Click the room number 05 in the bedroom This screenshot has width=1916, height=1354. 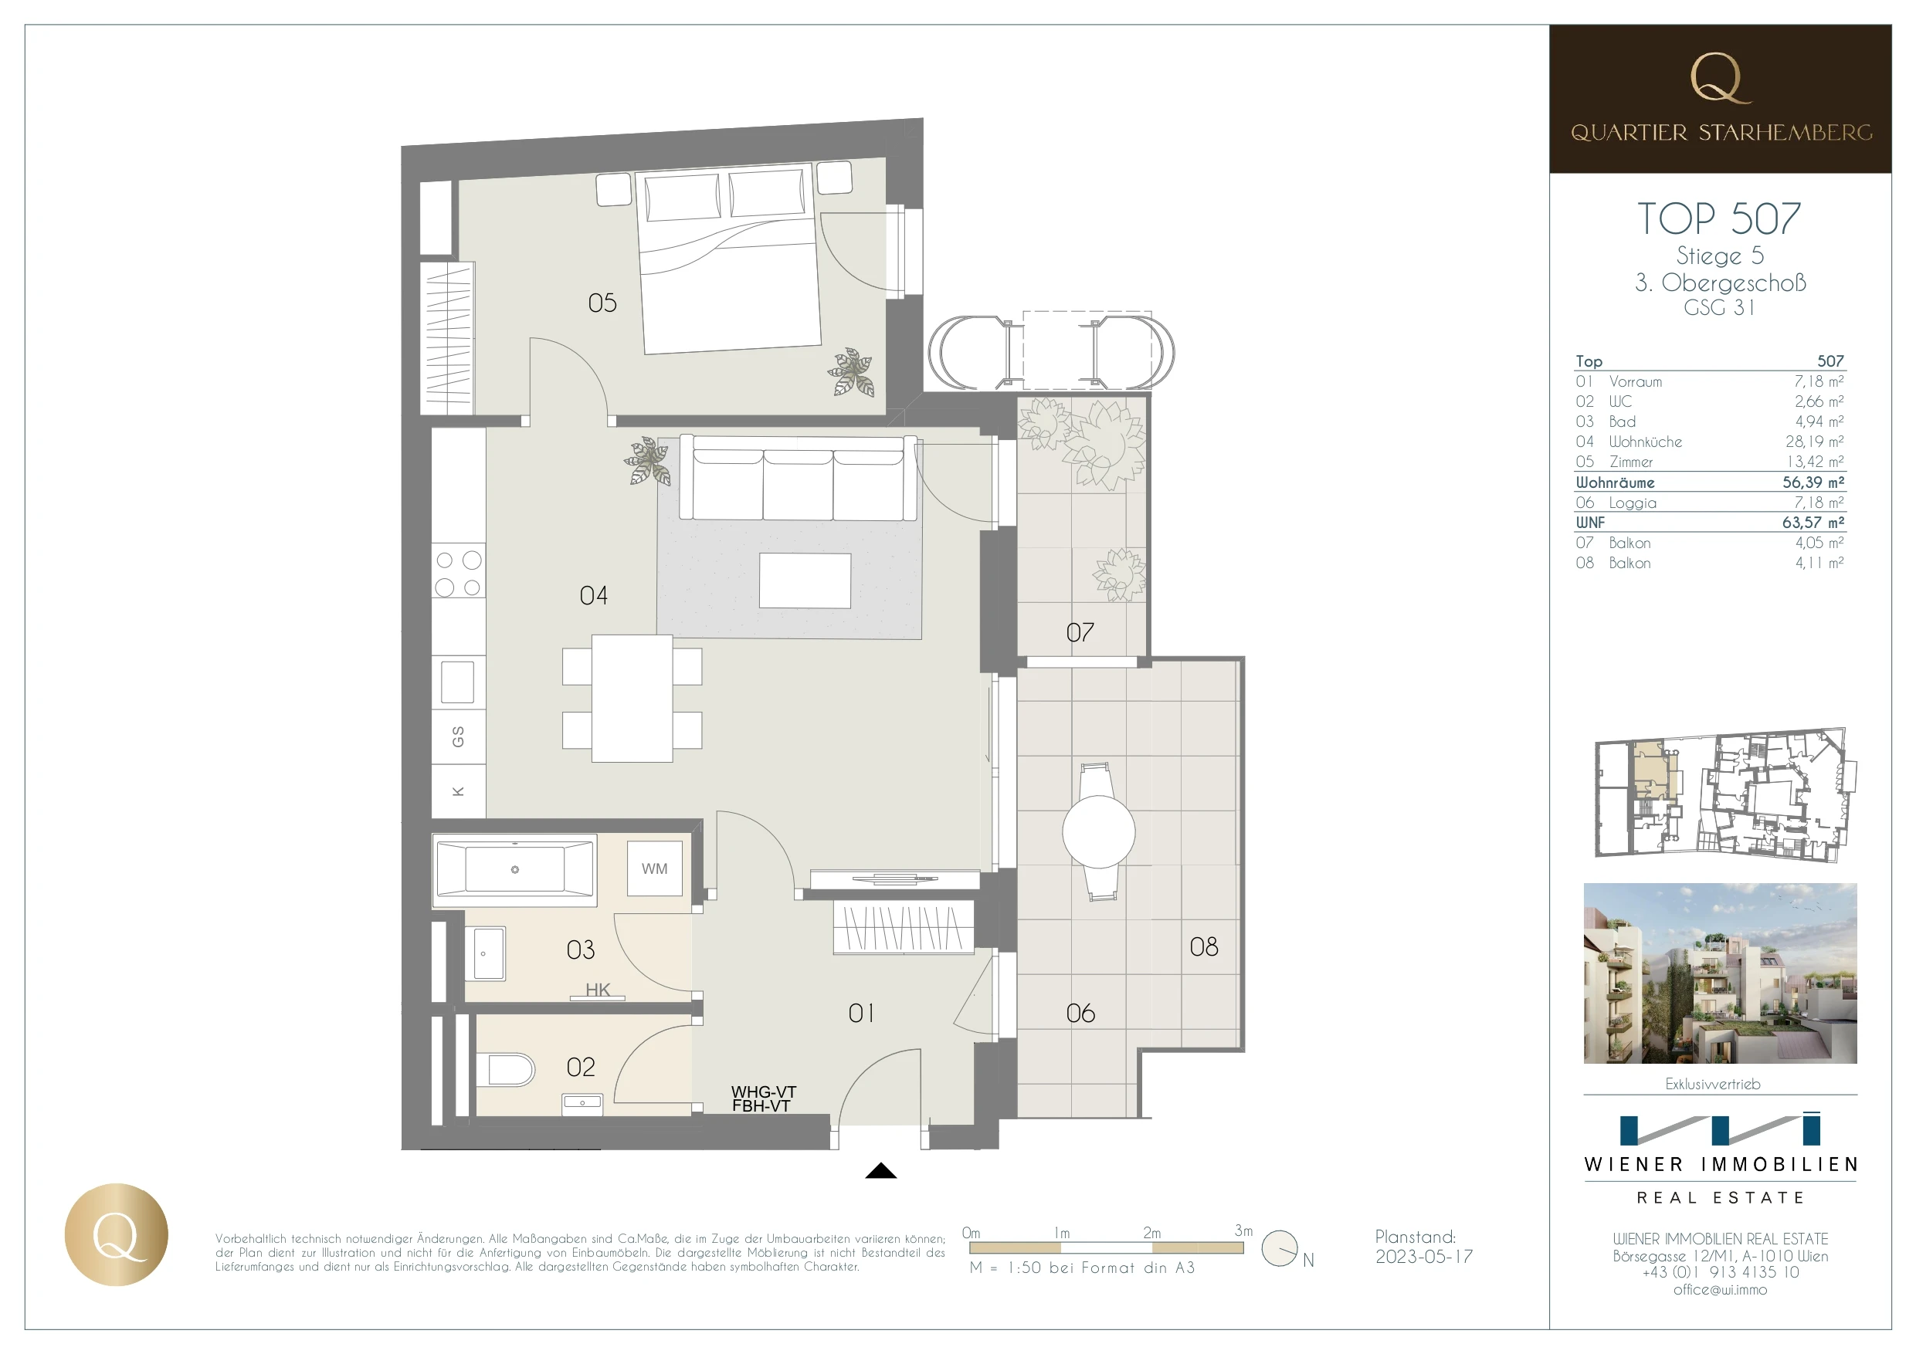coord(602,303)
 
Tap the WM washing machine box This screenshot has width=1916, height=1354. coord(654,868)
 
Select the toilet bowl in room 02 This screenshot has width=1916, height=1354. coord(509,1069)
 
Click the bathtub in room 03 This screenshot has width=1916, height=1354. coord(514,870)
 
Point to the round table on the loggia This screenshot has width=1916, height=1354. coord(1098,831)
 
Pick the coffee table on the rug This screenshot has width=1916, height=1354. coord(805,581)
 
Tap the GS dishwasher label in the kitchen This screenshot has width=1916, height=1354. coord(457,736)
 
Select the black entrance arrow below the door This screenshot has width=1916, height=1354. coord(881,1170)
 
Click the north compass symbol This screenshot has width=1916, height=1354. coord(1280,1249)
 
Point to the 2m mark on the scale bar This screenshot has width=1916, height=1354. coord(1151,1233)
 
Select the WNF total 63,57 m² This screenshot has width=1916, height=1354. coord(1813,523)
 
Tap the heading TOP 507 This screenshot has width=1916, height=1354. coord(1719,219)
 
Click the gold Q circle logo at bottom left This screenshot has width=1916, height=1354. coord(116,1234)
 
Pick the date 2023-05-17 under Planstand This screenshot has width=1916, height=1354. coord(1423,1257)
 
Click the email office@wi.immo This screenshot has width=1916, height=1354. coord(1720,1289)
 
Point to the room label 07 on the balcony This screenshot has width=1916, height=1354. coord(1080,632)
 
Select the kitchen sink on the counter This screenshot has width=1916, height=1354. coord(457,682)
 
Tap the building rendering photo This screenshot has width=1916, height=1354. coord(1720,973)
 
